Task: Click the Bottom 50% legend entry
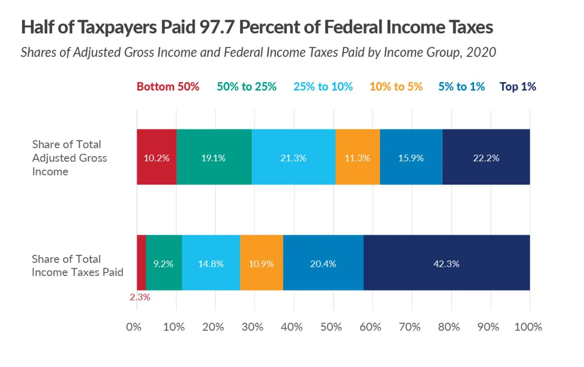pyautogui.click(x=168, y=87)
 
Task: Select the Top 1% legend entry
pyautogui.click(x=517, y=87)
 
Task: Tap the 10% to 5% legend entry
pyautogui.click(x=396, y=87)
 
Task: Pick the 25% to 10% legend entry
pyautogui.click(x=323, y=87)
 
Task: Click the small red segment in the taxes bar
pyautogui.click(x=141, y=263)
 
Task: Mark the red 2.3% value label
pyautogui.click(x=140, y=297)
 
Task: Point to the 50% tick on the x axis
pyautogui.click(x=331, y=327)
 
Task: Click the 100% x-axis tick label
pyautogui.click(x=528, y=327)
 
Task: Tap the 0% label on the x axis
pyautogui.click(x=134, y=327)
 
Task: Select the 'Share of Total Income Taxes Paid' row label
pyautogui.click(x=77, y=265)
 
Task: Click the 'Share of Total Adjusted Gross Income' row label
pyautogui.click(x=69, y=158)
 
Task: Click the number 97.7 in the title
pyautogui.click(x=217, y=27)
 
